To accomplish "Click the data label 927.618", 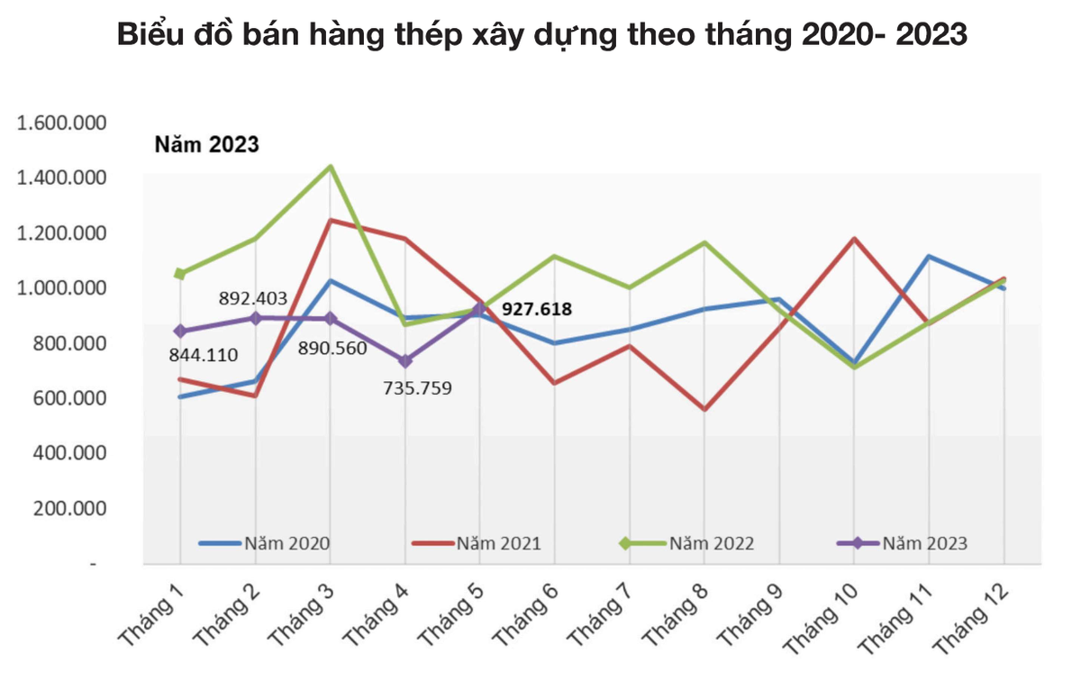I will [x=537, y=309].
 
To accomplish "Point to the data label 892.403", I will [x=254, y=298].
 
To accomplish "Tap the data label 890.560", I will [x=332, y=348].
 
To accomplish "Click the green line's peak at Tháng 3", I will [x=331, y=166].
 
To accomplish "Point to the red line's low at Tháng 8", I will [x=704, y=410].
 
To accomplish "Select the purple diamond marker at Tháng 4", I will [x=405, y=360].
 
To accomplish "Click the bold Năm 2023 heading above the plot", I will [x=206, y=144].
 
